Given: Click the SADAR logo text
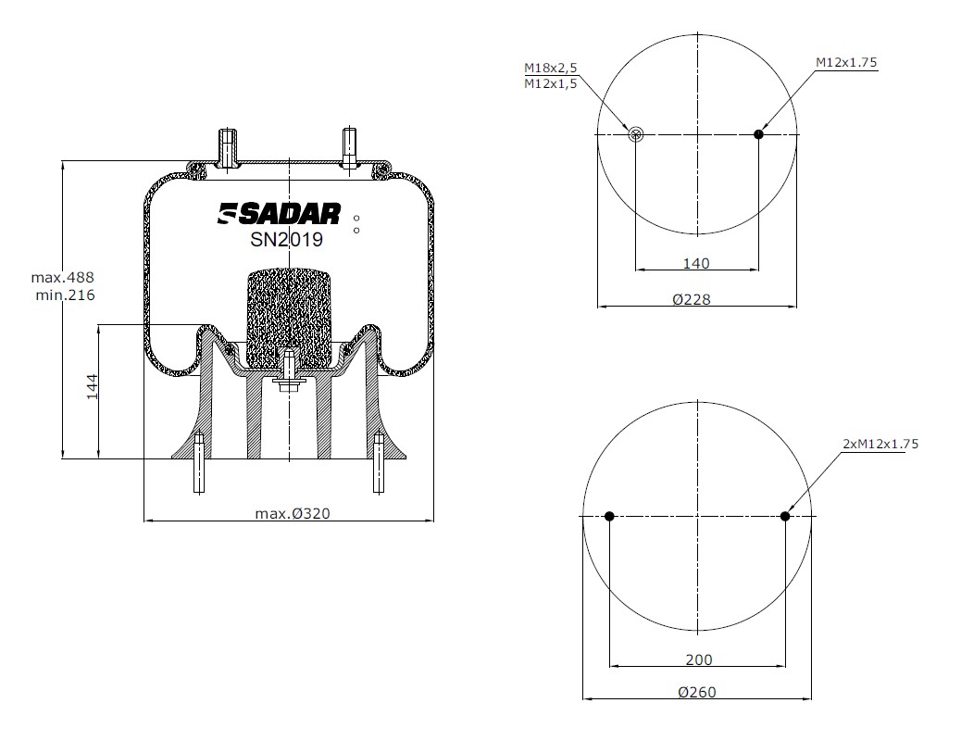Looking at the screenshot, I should (x=280, y=214).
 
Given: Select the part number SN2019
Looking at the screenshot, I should (x=286, y=240).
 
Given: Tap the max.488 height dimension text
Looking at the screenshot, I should (x=62, y=278).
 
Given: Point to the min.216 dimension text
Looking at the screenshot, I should (x=62, y=295).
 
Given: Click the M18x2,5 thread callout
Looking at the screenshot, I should (x=550, y=68).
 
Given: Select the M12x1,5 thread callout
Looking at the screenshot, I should (x=550, y=83).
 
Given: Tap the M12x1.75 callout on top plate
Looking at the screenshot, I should (x=845, y=62).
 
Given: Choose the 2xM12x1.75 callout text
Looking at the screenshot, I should (x=880, y=444).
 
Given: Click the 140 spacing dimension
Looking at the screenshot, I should (x=695, y=263).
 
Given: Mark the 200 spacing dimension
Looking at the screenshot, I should (x=699, y=659).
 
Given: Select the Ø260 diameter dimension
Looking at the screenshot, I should (x=696, y=692).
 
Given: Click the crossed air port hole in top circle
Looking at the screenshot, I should (x=635, y=135).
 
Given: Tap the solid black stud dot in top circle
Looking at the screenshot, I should (x=758, y=135).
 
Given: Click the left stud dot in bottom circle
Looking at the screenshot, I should (x=609, y=516).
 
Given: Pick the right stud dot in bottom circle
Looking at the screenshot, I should (x=785, y=516).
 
